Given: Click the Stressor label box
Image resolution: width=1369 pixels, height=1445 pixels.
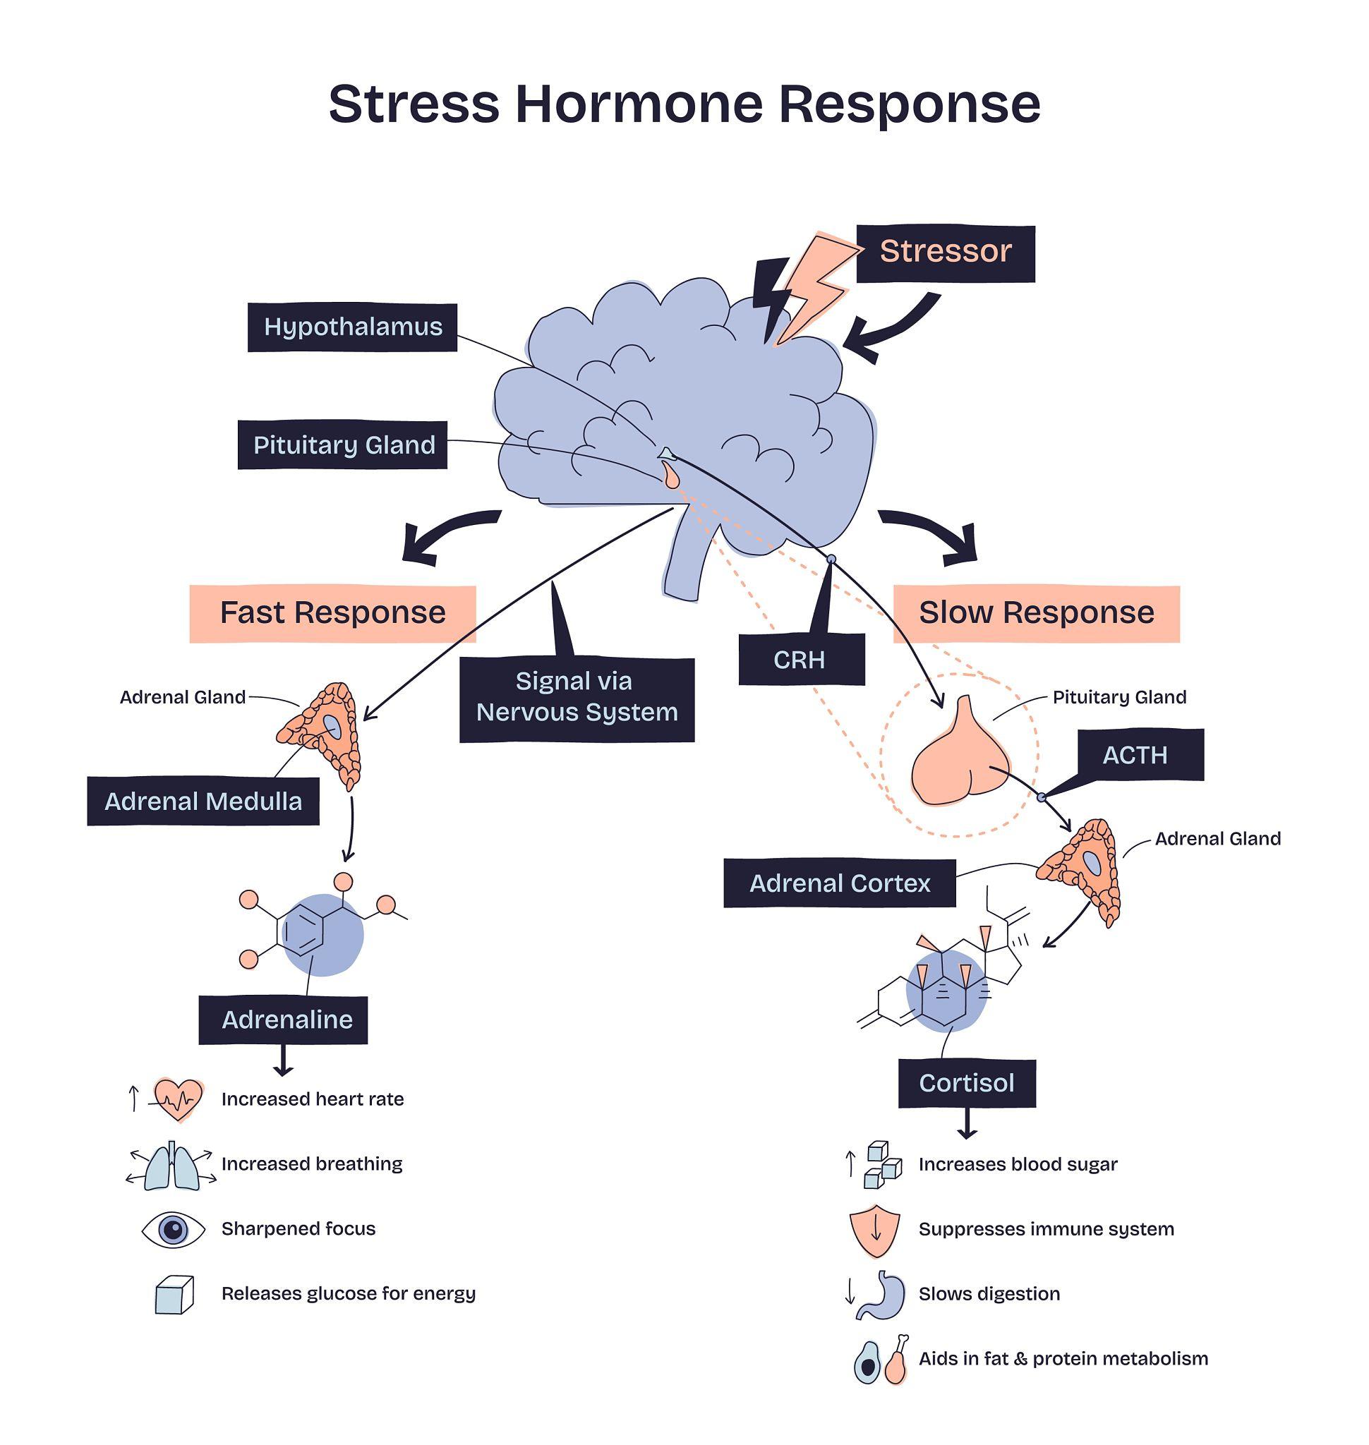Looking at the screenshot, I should click(x=945, y=253).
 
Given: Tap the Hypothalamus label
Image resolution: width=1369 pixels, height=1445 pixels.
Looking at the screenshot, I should click(x=352, y=327).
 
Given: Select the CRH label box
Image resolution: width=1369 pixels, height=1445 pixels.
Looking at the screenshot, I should click(x=800, y=660).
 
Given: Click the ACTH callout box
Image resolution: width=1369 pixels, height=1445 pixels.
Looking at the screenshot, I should click(x=1135, y=755).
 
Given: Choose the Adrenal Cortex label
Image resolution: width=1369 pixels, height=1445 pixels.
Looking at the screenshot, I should click(x=839, y=883).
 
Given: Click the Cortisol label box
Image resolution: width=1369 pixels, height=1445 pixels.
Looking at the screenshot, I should click(x=966, y=1083).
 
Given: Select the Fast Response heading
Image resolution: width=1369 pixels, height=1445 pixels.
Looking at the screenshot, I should click(x=332, y=613).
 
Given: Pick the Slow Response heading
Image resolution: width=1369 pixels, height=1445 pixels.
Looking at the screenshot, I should click(x=1035, y=613).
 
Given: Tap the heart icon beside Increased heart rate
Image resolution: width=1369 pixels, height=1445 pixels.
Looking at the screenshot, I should click(x=178, y=1099).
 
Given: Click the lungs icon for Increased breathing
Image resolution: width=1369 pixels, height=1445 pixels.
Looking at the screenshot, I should click(x=171, y=1165).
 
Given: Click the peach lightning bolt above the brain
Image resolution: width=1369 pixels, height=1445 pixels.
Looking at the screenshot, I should click(x=814, y=286).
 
